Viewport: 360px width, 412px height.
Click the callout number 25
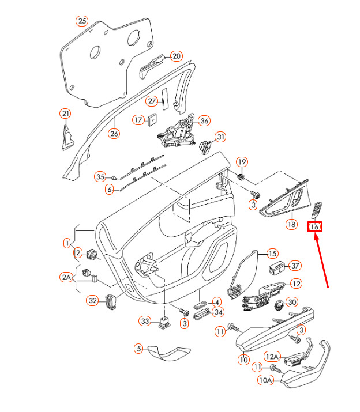[x=82, y=22]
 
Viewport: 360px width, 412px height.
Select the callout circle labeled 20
[x=176, y=56]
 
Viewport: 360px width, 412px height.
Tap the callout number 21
[x=65, y=114]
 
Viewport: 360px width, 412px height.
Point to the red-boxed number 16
[x=314, y=228]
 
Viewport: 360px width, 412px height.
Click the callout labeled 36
[x=204, y=121]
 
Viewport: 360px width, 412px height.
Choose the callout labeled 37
[x=295, y=266]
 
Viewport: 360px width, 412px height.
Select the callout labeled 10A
[x=265, y=380]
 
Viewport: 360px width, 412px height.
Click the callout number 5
[x=138, y=348]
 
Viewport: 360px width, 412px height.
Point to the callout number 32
[x=92, y=300]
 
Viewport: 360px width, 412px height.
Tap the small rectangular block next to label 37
[x=277, y=267]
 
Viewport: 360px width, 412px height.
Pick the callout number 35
[x=100, y=176]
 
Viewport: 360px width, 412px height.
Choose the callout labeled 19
[x=242, y=162]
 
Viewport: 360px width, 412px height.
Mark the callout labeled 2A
[x=67, y=278]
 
